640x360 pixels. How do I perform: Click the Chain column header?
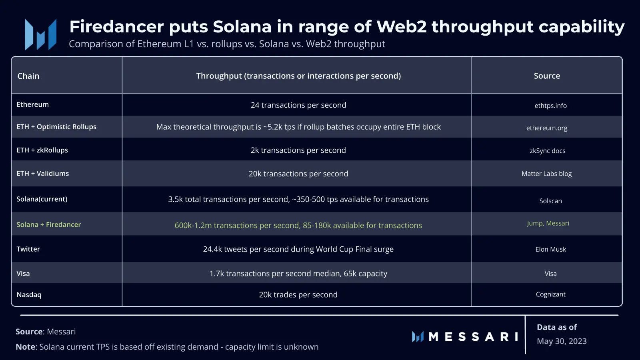28,76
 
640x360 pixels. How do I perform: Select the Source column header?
547,76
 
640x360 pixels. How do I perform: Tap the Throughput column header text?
298,76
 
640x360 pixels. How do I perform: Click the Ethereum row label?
33,104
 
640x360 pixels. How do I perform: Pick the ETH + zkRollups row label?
42,150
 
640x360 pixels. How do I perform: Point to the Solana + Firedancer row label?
49,224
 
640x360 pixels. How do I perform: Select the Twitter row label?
28,249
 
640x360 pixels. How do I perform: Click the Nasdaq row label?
29,295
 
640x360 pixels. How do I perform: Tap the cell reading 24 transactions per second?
298,105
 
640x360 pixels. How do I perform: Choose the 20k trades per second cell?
298,295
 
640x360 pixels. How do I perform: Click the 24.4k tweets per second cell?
298,249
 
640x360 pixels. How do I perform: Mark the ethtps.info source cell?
551,106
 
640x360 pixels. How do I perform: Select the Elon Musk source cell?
551,249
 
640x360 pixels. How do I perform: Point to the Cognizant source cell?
551,294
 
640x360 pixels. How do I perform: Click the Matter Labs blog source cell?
547,174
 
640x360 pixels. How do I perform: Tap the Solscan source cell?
551,201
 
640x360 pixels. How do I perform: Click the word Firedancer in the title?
116,27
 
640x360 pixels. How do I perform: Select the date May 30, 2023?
562,341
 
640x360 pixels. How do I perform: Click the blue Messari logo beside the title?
41,34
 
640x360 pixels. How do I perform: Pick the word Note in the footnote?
25,347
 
